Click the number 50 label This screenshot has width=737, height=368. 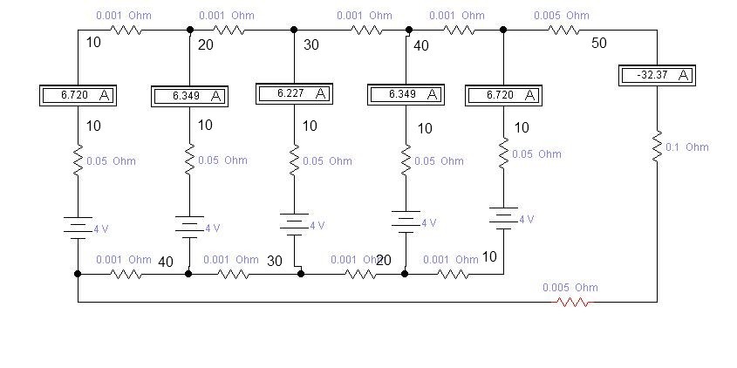click(599, 43)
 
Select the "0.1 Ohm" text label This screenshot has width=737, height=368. click(686, 147)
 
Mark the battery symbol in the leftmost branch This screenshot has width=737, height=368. click(78, 228)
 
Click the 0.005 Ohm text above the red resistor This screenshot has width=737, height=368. click(570, 288)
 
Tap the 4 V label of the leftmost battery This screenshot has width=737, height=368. click(100, 229)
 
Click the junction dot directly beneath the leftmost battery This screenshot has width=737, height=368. click(78, 274)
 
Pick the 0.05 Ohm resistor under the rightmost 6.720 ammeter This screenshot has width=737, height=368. click(503, 154)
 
